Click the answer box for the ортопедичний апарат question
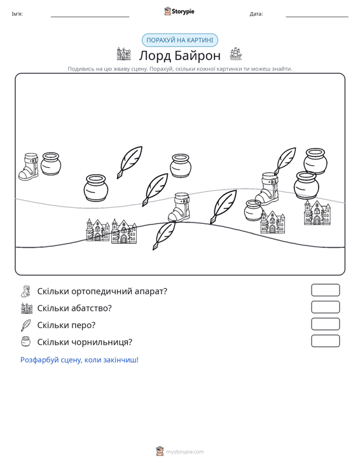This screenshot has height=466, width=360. [x=325, y=290]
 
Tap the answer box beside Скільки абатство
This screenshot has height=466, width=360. [x=325, y=307]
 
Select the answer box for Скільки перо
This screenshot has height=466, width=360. [x=325, y=324]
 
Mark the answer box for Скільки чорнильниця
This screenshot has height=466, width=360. [x=325, y=341]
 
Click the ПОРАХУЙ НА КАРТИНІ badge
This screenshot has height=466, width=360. [x=180, y=40]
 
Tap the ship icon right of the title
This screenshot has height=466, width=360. [x=236, y=54]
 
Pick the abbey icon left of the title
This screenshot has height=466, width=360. [x=123, y=54]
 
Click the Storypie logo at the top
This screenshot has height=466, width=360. [x=179, y=11]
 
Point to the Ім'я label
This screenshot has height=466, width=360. [x=17, y=14]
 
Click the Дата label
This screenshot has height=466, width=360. [x=256, y=14]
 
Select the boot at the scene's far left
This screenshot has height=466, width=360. [x=29, y=167]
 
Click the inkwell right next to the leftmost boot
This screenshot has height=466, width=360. [x=51, y=164]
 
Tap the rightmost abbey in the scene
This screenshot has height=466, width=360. [x=317, y=212]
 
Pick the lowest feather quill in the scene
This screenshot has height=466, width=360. [x=164, y=236]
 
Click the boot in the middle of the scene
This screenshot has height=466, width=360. [x=179, y=207]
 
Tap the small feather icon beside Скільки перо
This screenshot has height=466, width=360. [x=26, y=325]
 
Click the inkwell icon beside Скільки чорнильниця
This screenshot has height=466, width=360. [x=26, y=341]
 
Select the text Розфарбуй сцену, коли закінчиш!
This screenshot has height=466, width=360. [x=80, y=360]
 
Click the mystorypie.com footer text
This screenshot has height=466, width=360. [x=185, y=452]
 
